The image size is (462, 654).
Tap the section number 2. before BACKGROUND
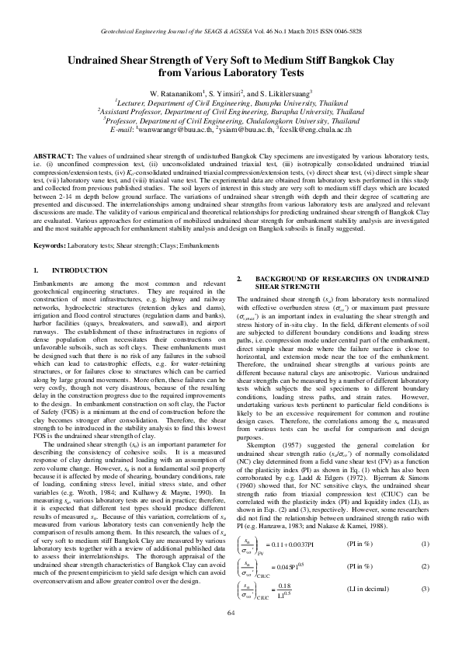(238, 278)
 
